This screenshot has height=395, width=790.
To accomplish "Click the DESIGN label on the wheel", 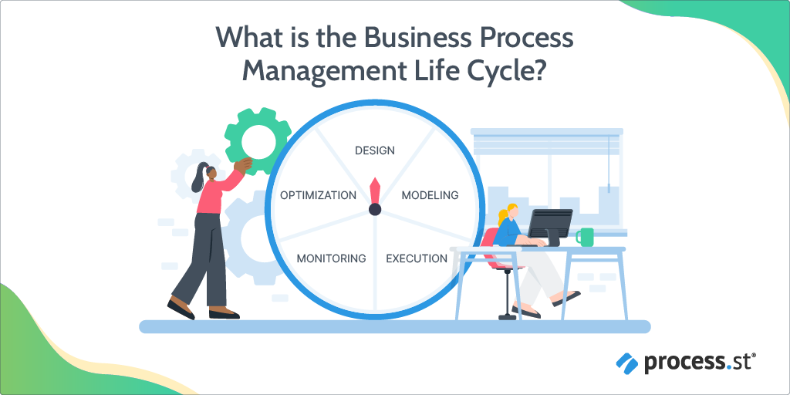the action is point(375,150).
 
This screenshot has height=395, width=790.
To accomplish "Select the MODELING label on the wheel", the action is point(430,195).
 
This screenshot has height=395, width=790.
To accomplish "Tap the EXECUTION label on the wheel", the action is point(417,259).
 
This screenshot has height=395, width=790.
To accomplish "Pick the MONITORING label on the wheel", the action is point(331,259).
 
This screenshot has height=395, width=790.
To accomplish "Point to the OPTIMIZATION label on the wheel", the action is point(319,195).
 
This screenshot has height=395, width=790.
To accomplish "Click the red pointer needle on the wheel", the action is point(375,190).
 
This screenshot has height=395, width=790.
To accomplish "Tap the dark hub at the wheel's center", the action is point(375,209).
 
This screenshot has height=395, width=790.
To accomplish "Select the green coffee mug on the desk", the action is point(585,237).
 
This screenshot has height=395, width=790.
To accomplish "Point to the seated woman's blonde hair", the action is point(505,214).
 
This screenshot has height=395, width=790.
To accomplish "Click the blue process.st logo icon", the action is point(627,362).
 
